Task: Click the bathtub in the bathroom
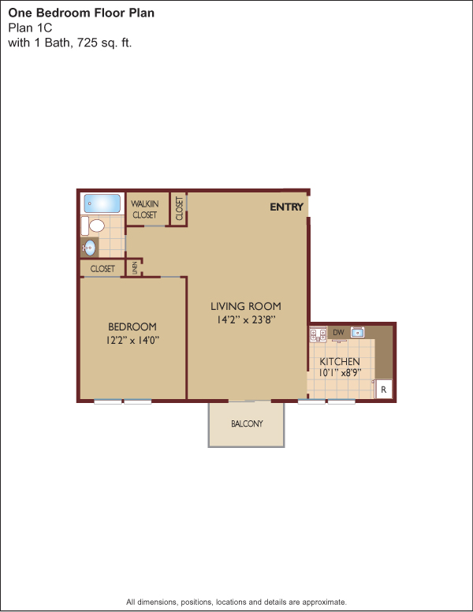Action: pyautogui.click(x=102, y=203)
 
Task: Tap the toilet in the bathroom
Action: pyautogui.click(x=93, y=226)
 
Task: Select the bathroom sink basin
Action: pyautogui.click(x=90, y=248)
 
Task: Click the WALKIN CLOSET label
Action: pyautogui.click(x=145, y=209)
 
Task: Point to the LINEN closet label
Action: pyautogui.click(x=135, y=268)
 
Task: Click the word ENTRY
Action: pyautogui.click(x=286, y=207)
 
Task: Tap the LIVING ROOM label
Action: pyautogui.click(x=246, y=306)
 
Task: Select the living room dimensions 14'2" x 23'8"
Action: pyautogui.click(x=246, y=319)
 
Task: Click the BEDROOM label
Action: pyautogui.click(x=132, y=327)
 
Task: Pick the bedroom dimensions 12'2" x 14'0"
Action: pyautogui.click(x=132, y=340)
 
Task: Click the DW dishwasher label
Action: pyautogui.click(x=338, y=332)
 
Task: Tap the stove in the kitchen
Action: pyautogui.click(x=318, y=334)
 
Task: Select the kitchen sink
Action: pyautogui.click(x=357, y=333)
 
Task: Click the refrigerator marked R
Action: pyautogui.click(x=384, y=389)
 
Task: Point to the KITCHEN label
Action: pyautogui.click(x=340, y=361)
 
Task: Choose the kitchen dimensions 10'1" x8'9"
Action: pyautogui.click(x=340, y=373)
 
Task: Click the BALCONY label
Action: pyautogui.click(x=247, y=424)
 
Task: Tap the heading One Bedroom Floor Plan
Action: pyautogui.click(x=81, y=13)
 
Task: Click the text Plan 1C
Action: pyautogui.click(x=30, y=28)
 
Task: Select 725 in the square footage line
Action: pyautogui.click(x=87, y=42)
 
